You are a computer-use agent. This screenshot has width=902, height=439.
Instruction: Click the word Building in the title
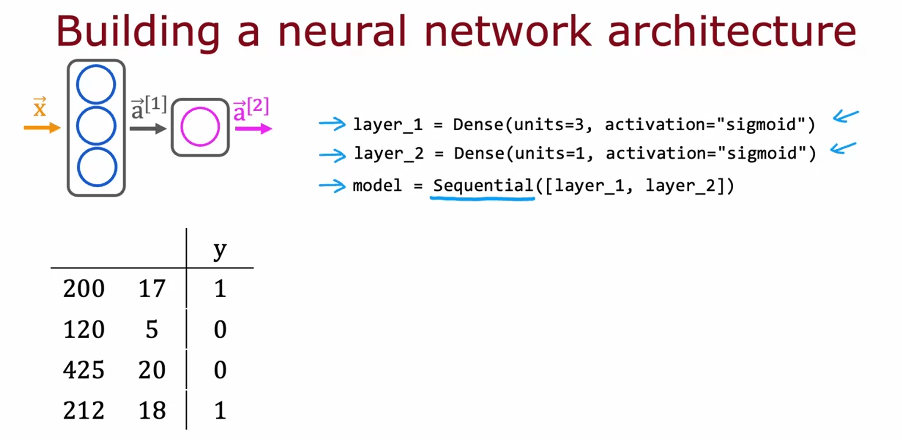click(x=138, y=32)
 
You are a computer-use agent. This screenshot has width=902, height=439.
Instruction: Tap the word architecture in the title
click(x=732, y=32)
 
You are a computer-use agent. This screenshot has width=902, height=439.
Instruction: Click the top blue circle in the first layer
click(x=96, y=85)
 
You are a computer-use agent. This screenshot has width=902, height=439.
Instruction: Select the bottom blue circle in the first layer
click(x=97, y=167)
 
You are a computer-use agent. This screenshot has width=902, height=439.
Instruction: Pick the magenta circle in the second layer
click(x=200, y=127)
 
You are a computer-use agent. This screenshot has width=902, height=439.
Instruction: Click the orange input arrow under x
click(x=42, y=128)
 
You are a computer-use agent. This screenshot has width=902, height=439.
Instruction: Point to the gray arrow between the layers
click(x=148, y=129)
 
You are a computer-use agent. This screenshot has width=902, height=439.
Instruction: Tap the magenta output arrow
click(x=253, y=129)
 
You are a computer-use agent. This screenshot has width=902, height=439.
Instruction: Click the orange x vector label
click(x=40, y=107)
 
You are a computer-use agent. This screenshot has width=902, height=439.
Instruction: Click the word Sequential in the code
click(x=483, y=186)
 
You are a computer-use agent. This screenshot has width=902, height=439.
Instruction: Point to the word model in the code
click(x=377, y=186)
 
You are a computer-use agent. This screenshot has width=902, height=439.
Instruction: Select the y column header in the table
click(x=220, y=250)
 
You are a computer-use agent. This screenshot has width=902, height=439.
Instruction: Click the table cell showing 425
click(x=83, y=370)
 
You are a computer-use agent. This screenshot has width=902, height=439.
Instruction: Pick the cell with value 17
click(x=152, y=289)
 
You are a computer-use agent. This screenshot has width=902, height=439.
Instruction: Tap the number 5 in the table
click(x=152, y=330)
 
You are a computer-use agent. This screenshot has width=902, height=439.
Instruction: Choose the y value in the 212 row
click(x=220, y=410)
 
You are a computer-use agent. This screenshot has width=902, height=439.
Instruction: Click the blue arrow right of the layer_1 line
click(x=845, y=116)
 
